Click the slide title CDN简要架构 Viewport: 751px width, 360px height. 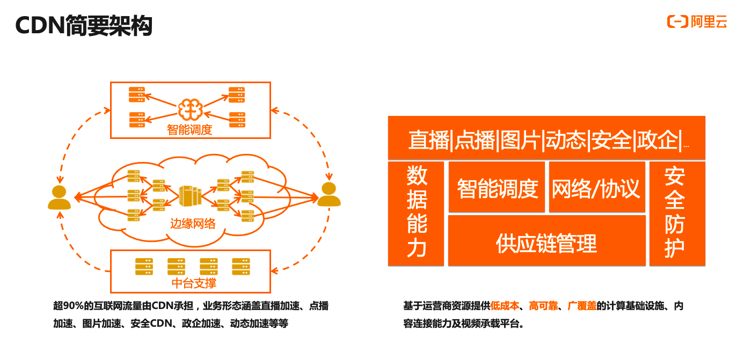[x=84, y=25]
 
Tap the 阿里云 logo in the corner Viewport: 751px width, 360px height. [x=697, y=22]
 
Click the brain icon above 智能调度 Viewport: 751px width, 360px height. [x=190, y=109]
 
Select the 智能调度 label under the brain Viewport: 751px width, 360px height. [x=189, y=130]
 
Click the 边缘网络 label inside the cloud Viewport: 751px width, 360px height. [x=193, y=224]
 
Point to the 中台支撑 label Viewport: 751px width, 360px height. [x=194, y=283]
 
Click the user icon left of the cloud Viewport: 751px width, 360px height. [x=60, y=197]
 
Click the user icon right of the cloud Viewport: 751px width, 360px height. [x=329, y=194]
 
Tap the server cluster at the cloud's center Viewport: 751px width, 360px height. [x=190, y=195]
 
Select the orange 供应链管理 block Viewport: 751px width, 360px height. [x=547, y=240]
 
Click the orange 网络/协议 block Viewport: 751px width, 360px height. [x=597, y=187]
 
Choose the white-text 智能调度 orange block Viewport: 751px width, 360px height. [x=497, y=187]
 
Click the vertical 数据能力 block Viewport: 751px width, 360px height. [x=416, y=214]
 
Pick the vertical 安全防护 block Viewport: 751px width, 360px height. [x=677, y=214]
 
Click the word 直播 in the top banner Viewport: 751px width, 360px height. [x=429, y=140]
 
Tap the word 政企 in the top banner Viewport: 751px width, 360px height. [x=658, y=140]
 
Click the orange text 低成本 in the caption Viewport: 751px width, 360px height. [x=505, y=306]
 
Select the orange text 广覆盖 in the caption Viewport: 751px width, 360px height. [x=582, y=306]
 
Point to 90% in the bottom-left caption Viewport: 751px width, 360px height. [x=73, y=306]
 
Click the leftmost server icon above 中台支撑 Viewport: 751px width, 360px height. [x=144, y=267]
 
